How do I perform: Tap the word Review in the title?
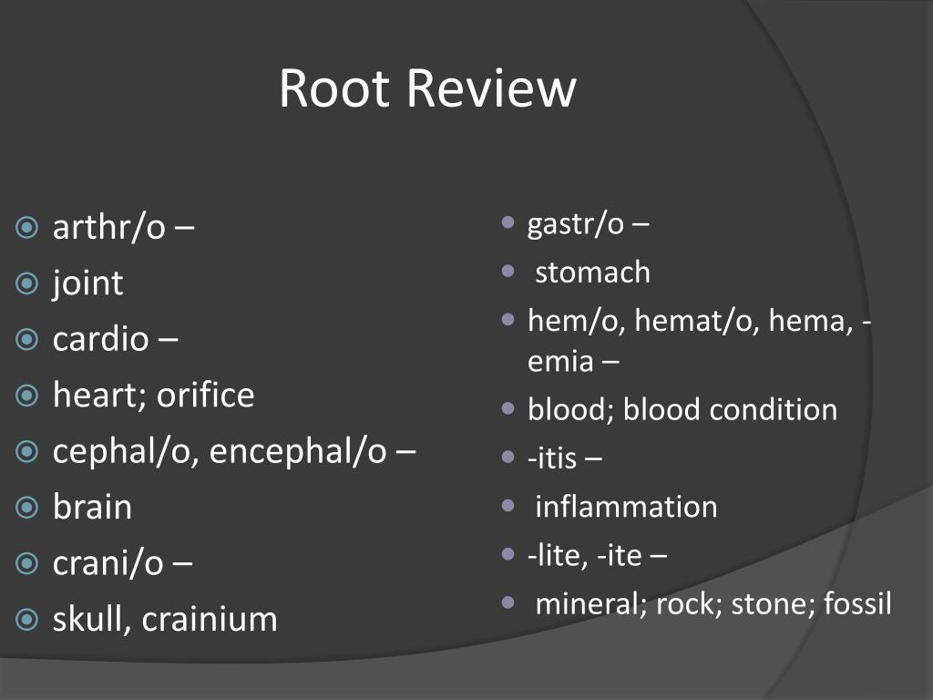492,88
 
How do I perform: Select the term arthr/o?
108,227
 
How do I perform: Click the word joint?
87,283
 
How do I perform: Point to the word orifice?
205,395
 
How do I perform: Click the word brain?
92,507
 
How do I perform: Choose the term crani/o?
108,563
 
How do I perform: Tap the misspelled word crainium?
210,620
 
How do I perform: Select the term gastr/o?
576,224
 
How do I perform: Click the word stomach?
592,272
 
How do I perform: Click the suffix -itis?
552,458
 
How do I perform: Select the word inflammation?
626,506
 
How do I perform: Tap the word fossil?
857,602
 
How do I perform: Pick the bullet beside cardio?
28,339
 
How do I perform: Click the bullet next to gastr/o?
508,223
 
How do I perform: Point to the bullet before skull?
28,620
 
